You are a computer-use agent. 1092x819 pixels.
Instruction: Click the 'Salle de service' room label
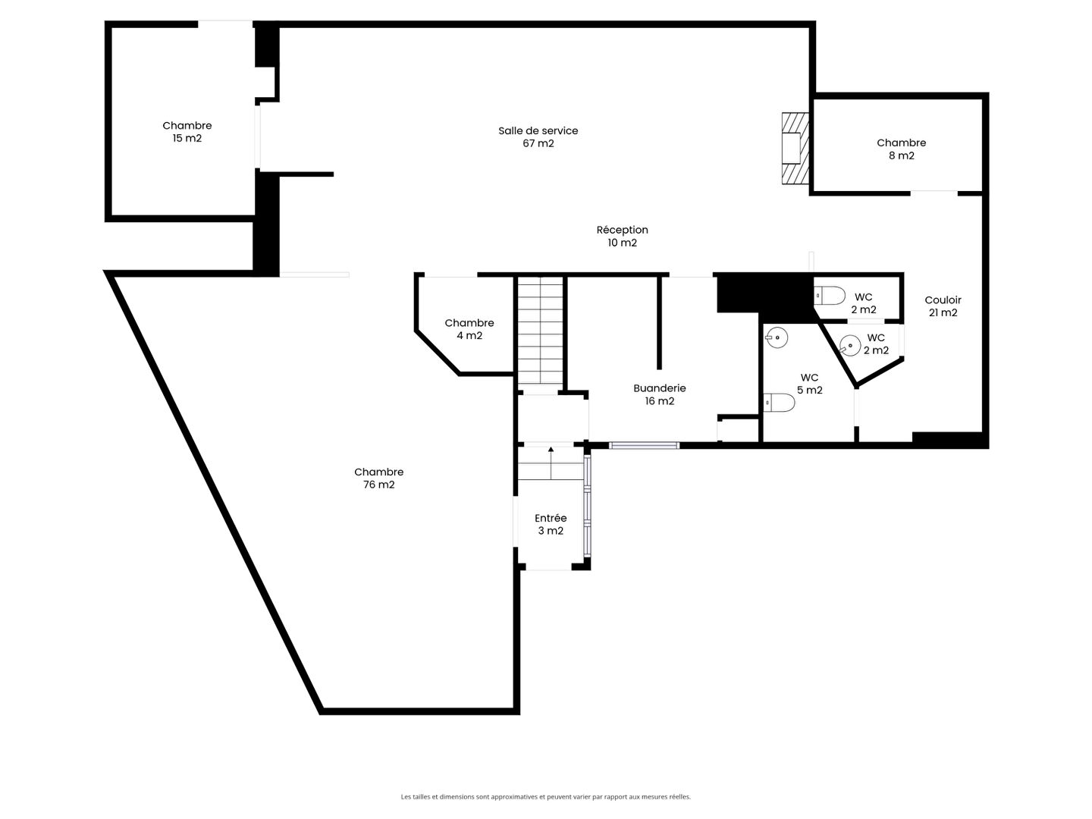click(538, 130)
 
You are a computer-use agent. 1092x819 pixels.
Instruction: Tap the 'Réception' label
click(622, 230)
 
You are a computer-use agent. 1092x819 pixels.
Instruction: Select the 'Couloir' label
click(943, 300)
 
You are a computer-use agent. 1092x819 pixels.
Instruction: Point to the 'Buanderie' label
click(659, 388)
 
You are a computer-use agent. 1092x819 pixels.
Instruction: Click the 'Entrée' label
click(551, 518)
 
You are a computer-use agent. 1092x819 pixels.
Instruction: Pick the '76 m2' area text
click(378, 485)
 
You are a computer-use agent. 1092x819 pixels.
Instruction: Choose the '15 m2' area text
click(187, 138)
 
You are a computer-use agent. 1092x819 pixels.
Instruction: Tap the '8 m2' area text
click(902, 155)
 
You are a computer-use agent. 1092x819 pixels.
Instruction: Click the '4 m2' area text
click(469, 336)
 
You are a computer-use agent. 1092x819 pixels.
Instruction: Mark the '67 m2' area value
click(538, 143)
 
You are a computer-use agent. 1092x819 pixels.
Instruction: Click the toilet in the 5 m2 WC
click(779, 402)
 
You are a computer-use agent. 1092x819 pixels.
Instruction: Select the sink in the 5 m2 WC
click(777, 337)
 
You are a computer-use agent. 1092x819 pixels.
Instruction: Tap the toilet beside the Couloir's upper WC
click(830, 296)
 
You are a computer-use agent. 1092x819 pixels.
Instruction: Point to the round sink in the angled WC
click(850, 345)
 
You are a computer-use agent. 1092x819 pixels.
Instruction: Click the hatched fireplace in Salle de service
click(795, 149)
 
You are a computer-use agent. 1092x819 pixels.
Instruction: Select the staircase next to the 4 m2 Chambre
click(540, 330)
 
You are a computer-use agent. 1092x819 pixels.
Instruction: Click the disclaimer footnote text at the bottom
click(546, 796)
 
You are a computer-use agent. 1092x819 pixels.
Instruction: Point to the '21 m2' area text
click(943, 312)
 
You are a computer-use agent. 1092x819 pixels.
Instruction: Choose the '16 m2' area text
click(659, 401)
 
